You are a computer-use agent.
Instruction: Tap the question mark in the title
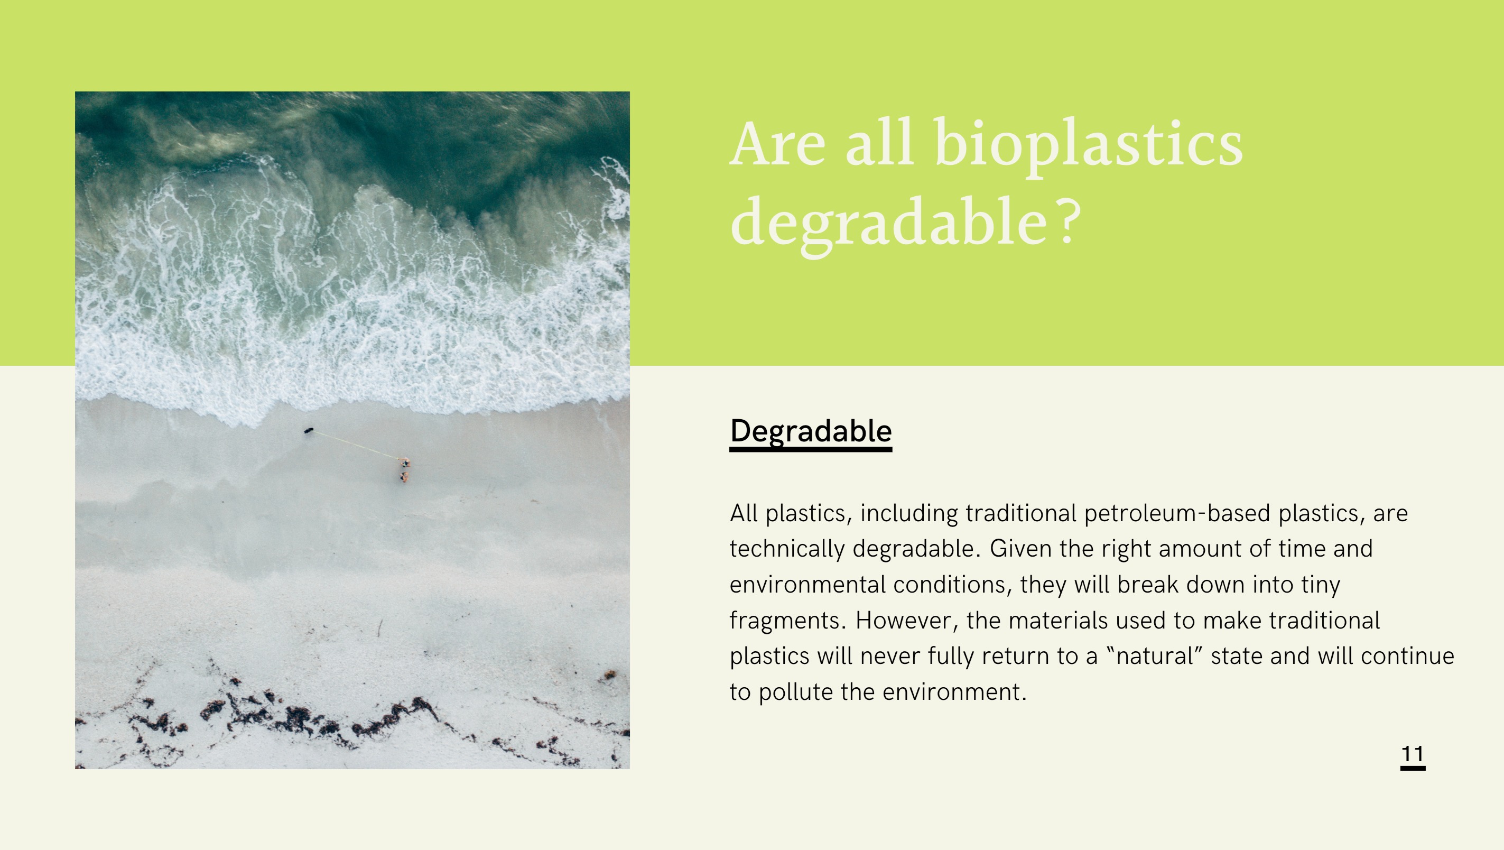(1069, 220)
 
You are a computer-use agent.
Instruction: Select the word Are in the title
(778, 143)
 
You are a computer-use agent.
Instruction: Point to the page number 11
(1413, 754)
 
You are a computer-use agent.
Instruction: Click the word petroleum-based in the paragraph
(1177, 513)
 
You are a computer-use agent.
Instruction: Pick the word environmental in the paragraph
(807, 584)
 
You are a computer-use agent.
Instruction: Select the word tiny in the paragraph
(1321, 585)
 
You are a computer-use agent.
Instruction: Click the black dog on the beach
(309, 431)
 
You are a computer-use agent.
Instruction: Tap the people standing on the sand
(405, 470)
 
